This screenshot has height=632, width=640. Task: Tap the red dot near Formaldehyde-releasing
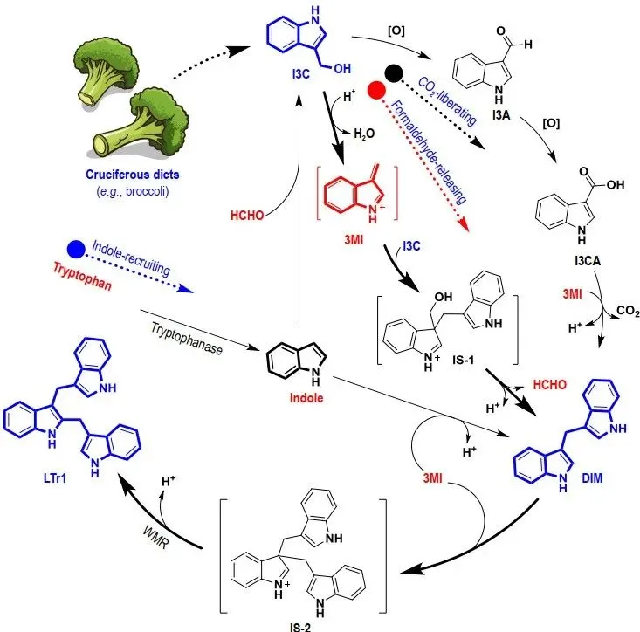point(376,91)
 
